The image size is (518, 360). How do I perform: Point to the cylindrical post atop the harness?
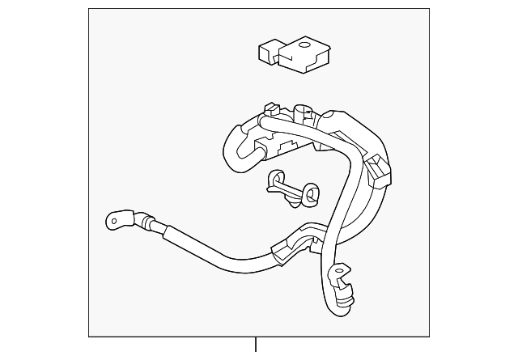304,112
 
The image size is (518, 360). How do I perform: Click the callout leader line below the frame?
256,348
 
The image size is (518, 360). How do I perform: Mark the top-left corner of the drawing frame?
89,9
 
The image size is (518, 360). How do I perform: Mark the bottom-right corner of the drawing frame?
429,336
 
